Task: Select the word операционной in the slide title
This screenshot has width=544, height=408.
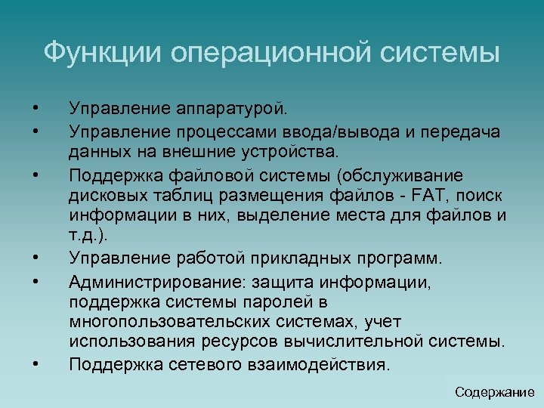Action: (x=262, y=53)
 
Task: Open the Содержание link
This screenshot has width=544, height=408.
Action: (x=495, y=392)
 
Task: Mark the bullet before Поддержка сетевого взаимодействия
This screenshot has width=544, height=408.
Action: (x=36, y=364)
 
